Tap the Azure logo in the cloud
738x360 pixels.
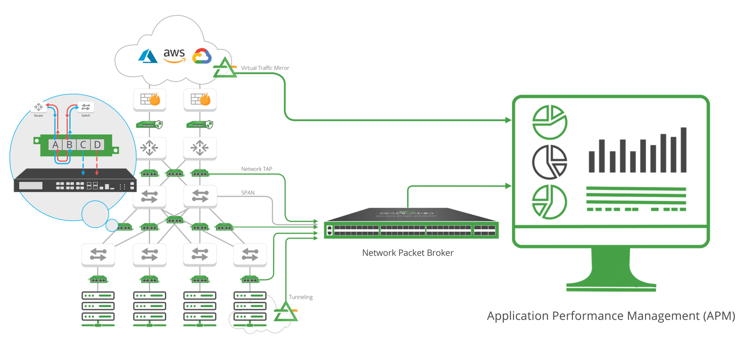pyautogui.click(x=148, y=56)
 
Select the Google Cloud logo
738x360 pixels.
pyautogui.click(x=202, y=56)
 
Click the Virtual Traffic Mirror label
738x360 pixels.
pyautogui.click(x=265, y=68)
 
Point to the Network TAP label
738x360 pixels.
pyautogui.click(x=257, y=169)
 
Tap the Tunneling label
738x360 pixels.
pyautogui.click(x=300, y=297)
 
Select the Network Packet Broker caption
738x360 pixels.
pyautogui.click(x=407, y=253)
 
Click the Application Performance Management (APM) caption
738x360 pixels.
pyautogui.click(x=611, y=316)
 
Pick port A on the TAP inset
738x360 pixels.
pyautogui.click(x=56, y=145)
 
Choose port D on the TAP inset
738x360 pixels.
pyautogui.click(x=97, y=145)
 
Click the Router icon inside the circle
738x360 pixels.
pyautogui.click(x=38, y=107)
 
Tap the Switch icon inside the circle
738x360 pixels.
pyautogui.click(x=85, y=107)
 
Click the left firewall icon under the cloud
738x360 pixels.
pyautogui.click(x=149, y=99)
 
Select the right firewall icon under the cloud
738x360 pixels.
pyautogui.click(x=200, y=99)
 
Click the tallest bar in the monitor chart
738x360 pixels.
pyautogui.click(x=684, y=150)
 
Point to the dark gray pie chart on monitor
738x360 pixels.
pyautogui.click(x=549, y=161)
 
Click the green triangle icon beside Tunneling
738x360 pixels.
pyautogui.click(x=284, y=312)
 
